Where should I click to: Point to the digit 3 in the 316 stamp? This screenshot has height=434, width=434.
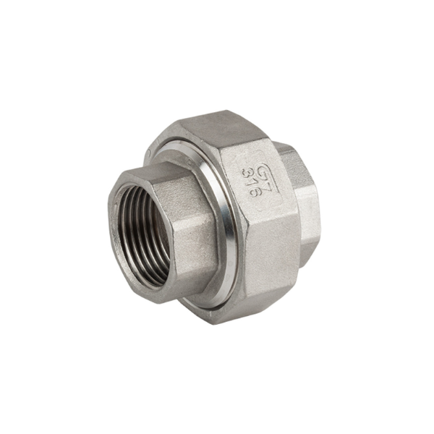[246, 174]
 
